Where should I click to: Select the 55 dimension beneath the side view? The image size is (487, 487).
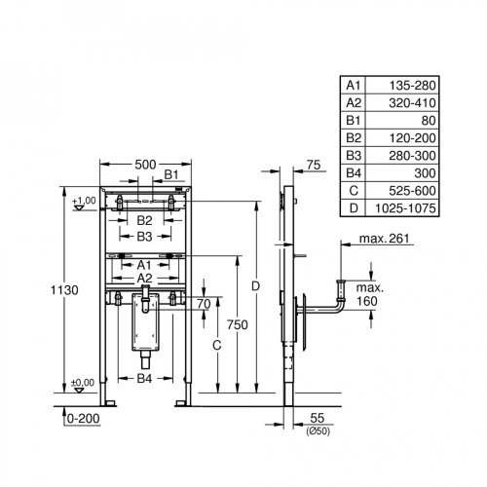318,415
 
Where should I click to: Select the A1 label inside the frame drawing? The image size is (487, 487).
142,264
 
